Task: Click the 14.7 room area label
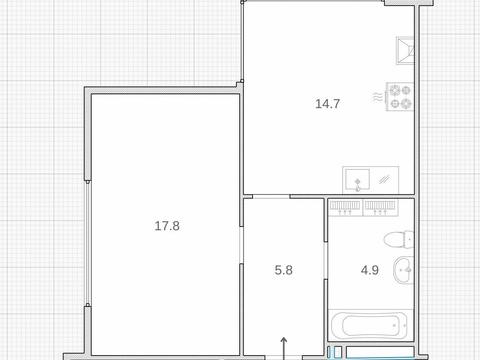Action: pos(327,104)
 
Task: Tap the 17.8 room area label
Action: pos(167,226)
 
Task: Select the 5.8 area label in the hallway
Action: pos(284,270)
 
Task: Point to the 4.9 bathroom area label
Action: pos(370,270)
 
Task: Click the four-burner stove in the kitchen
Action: pos(400,97)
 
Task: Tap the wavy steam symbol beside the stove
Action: pos(378,97)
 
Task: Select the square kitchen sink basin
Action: pos(357,179)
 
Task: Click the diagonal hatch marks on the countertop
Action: pos(385,180)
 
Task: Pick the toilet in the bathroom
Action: pos(399,239)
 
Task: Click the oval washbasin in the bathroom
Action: pos(404,270)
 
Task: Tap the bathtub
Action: pos(369,325)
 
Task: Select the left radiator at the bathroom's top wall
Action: pos(345,207)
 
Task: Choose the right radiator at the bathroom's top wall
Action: pos(380,207)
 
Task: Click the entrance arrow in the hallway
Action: pos(284,348)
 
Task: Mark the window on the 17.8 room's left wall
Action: pos(88,243)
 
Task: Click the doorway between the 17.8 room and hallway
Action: pos(242,245)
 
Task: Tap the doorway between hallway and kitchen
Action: pos(271,197)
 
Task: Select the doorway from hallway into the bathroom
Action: pos(326,260)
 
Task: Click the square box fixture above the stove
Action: pos(405,50)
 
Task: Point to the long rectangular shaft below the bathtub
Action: pos(380,352)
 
